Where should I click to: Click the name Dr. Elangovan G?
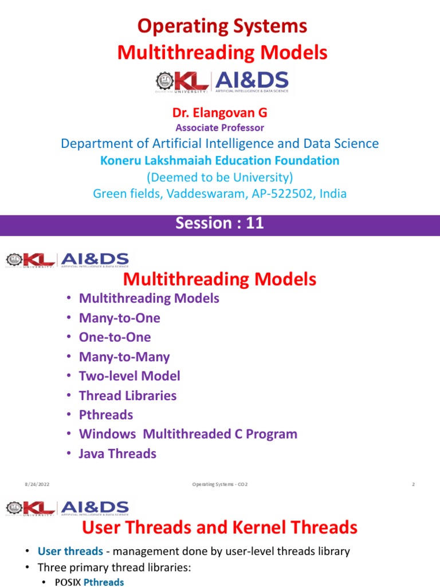[220, 113]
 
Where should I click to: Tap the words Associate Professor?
[220, 128]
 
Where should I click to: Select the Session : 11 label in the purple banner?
[220, 223]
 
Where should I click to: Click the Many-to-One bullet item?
[119, 318]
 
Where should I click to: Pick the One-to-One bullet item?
[115, 338]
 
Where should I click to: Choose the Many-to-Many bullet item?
[124, 357]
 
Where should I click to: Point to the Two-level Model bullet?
[129, 376]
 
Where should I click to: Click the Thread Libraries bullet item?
[127, 396]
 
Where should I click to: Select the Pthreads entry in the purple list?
[105, 415]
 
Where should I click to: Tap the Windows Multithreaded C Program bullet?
[188, 434]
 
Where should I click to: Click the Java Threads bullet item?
[117, 453]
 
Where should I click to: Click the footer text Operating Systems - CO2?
[220, 485]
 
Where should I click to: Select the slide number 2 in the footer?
[412, 485]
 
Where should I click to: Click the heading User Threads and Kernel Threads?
[220, 527]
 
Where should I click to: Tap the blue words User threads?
[70, 552]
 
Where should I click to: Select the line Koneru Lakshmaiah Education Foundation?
[220, 161]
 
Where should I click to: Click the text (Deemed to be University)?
[220, 177]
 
